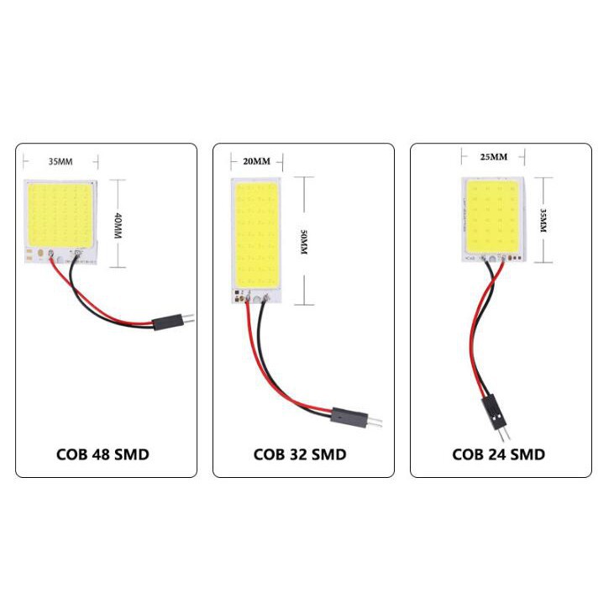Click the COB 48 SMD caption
coord(102,454)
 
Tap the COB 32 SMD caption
coord(299,454)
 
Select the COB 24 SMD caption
coord(498,454)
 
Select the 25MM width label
coord(493,157)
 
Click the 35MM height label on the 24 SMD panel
coord(543,219)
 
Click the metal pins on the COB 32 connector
coord(377,420)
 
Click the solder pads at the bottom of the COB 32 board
coord(249,296)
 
